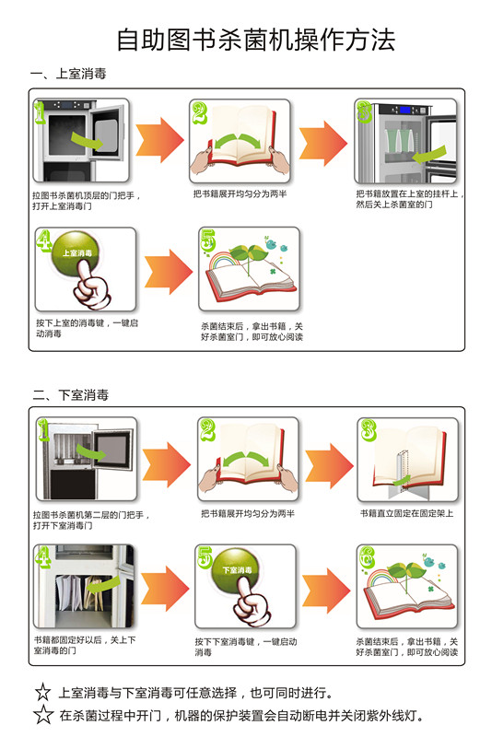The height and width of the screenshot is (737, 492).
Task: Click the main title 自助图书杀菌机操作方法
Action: coord(256,40)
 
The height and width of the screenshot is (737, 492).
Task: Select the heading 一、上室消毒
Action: coord(68,74)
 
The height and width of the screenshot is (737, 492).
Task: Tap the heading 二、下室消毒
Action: coord(71,395)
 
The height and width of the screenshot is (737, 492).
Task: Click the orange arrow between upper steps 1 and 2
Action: coord(159,140)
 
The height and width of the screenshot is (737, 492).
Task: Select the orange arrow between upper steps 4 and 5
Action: coord(169,272)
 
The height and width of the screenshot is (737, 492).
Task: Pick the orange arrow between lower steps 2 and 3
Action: coord(329,465)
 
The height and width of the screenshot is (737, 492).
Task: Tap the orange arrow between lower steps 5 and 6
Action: coord(326,591)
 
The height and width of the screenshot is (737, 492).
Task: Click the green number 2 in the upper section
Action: coord(199,112)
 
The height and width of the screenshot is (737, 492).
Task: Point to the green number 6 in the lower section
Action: coord(367,557)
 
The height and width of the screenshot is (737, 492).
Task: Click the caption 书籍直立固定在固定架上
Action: coord(406,513)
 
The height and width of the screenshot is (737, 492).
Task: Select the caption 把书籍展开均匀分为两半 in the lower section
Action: coord(248,513)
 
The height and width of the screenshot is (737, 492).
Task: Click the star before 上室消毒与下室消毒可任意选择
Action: coord(42,692)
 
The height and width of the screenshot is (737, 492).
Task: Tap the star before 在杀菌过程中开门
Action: coord(43,715)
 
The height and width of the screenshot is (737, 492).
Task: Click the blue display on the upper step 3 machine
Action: coord(405,111)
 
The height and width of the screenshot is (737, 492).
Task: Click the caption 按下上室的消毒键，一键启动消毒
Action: coord(87,328)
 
